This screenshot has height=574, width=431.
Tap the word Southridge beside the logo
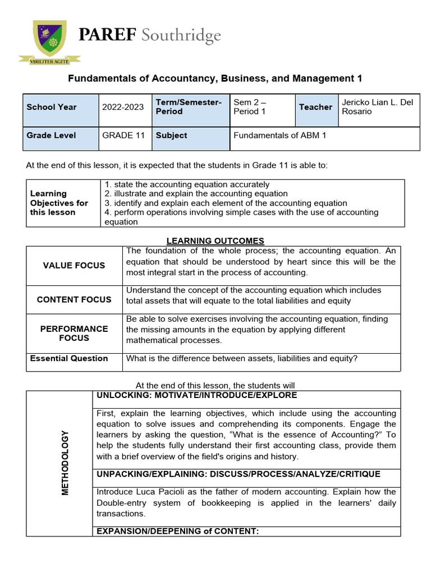click(181, 37)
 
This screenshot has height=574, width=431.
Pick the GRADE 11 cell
click(123, 136)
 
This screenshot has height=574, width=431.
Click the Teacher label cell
click(315, 107)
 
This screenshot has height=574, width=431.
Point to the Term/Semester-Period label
click(189, 107)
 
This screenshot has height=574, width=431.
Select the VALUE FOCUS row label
click(74, 266)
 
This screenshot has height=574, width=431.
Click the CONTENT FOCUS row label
click(74, 300)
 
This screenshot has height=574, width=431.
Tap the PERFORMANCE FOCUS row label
click(74, 334)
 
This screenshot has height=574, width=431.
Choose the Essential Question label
click(69, 359)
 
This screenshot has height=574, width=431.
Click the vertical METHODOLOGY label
click(65, 462)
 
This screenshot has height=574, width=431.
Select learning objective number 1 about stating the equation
click(187, 184)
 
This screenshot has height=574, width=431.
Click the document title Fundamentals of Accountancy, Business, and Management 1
click(215, 78)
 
